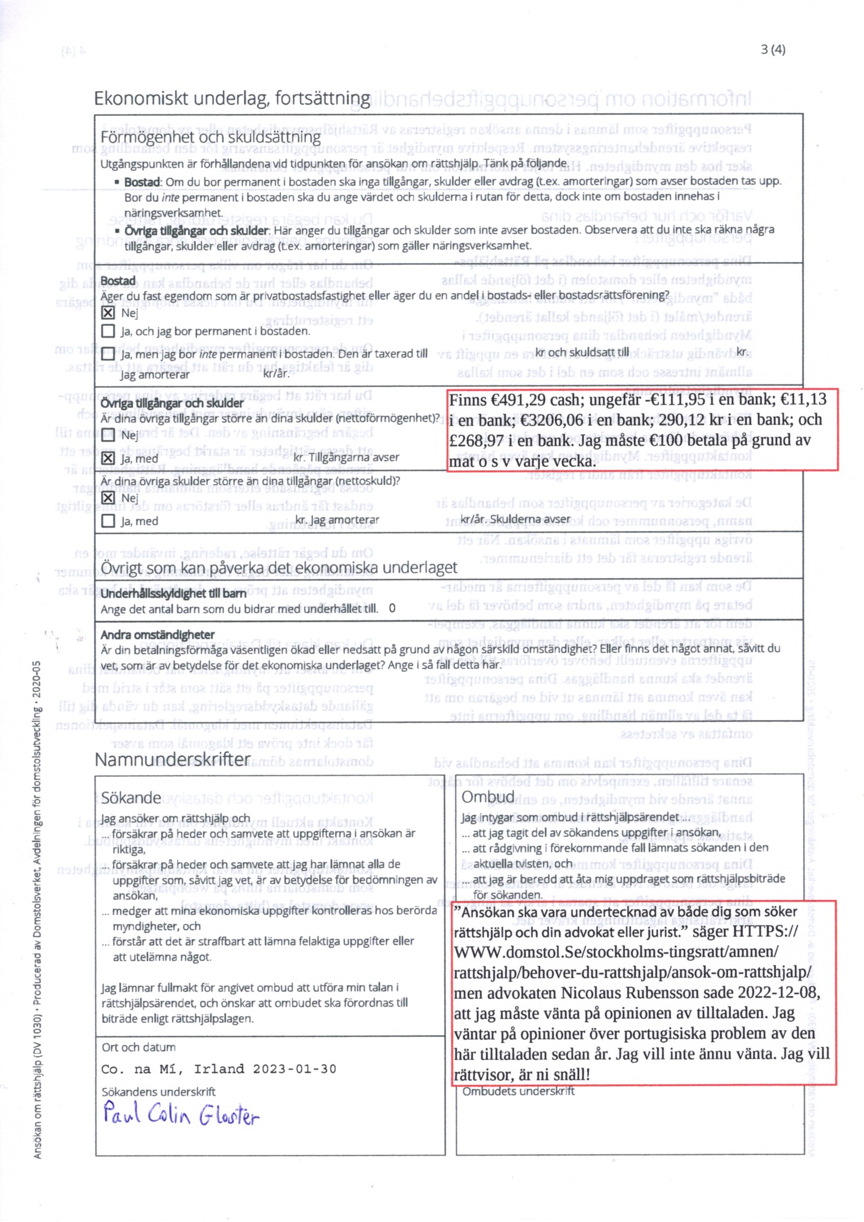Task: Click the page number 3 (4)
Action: point(773,50)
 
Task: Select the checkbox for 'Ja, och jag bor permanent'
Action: point(108,331)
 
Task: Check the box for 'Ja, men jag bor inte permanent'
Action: point(108,353)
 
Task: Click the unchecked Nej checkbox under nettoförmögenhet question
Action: point(108,435)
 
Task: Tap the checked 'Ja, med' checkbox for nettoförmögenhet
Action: point(108,458)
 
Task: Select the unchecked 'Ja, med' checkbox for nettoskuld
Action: point(108,521)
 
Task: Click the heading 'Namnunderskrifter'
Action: point(172,759)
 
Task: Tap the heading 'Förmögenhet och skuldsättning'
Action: point(211,137)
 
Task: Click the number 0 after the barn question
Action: point(392,608)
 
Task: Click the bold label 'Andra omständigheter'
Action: point(157,635)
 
